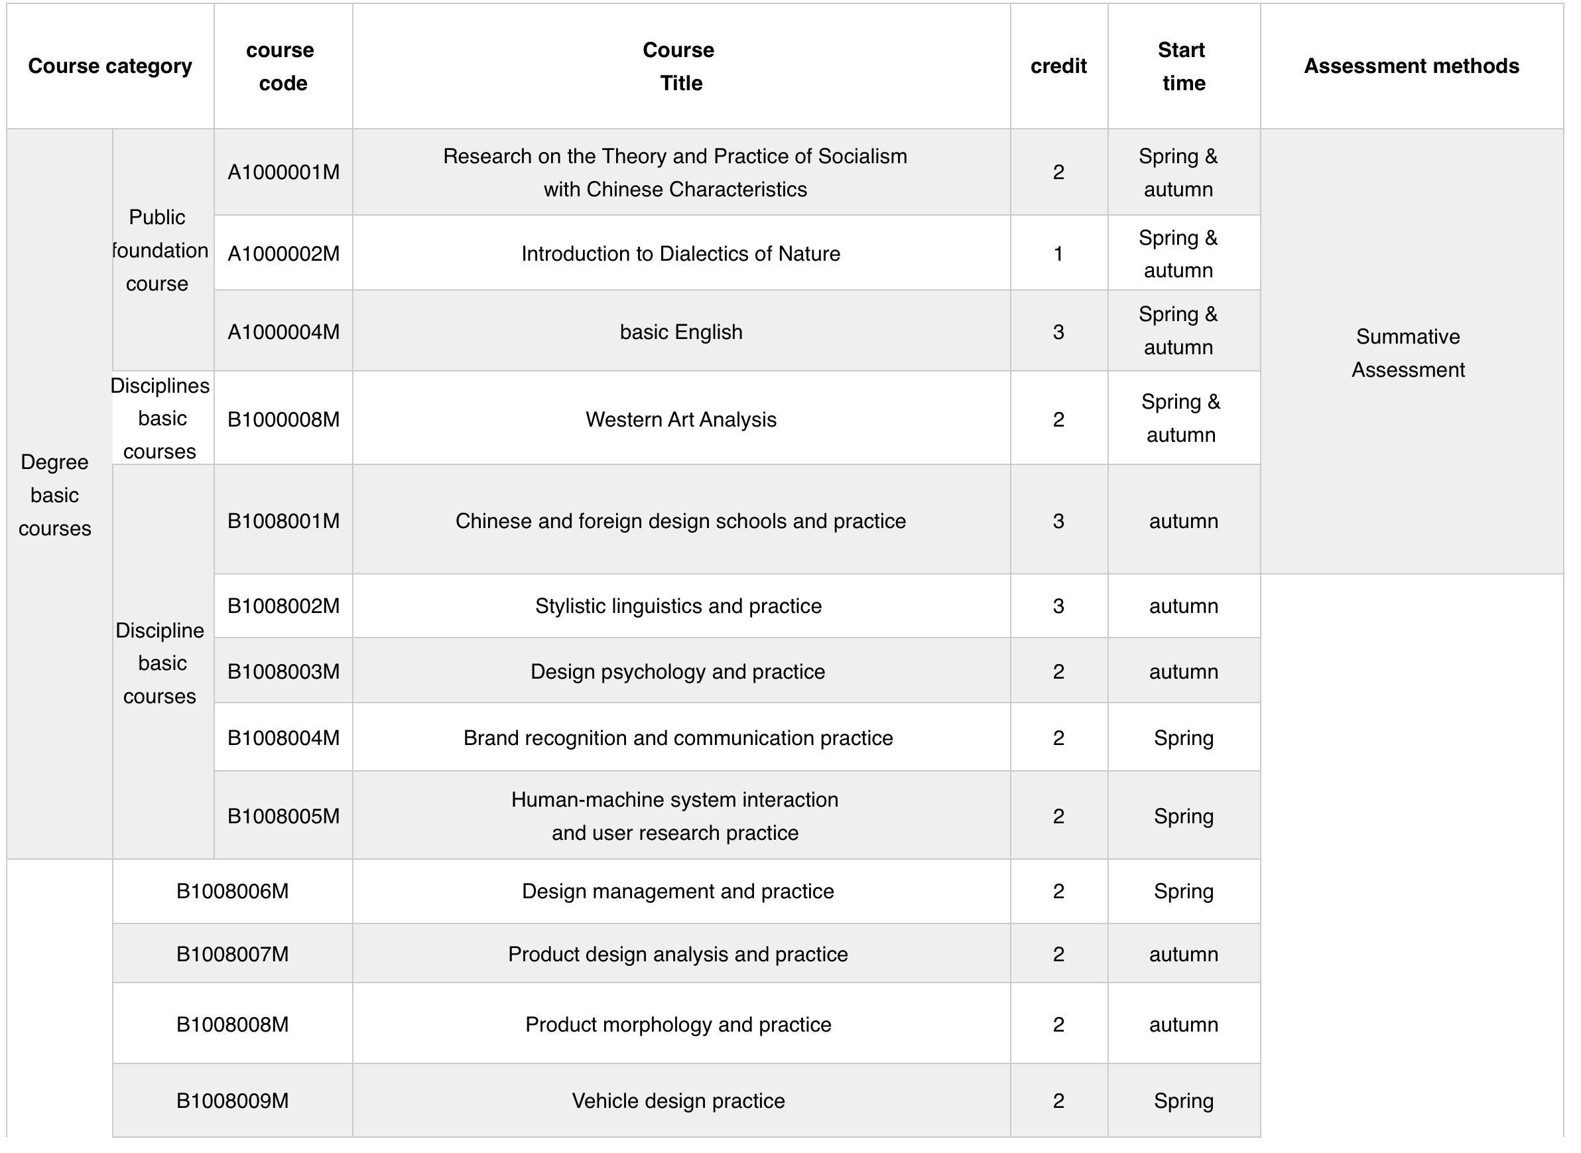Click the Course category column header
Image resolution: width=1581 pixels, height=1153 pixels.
click(109, 66)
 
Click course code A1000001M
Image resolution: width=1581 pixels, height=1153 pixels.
click(283, 172)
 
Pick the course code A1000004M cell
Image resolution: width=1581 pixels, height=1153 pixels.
click(283, 332)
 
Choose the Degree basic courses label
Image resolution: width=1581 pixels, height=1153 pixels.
click(54, 495)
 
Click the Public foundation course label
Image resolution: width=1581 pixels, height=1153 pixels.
click(158, 250)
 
